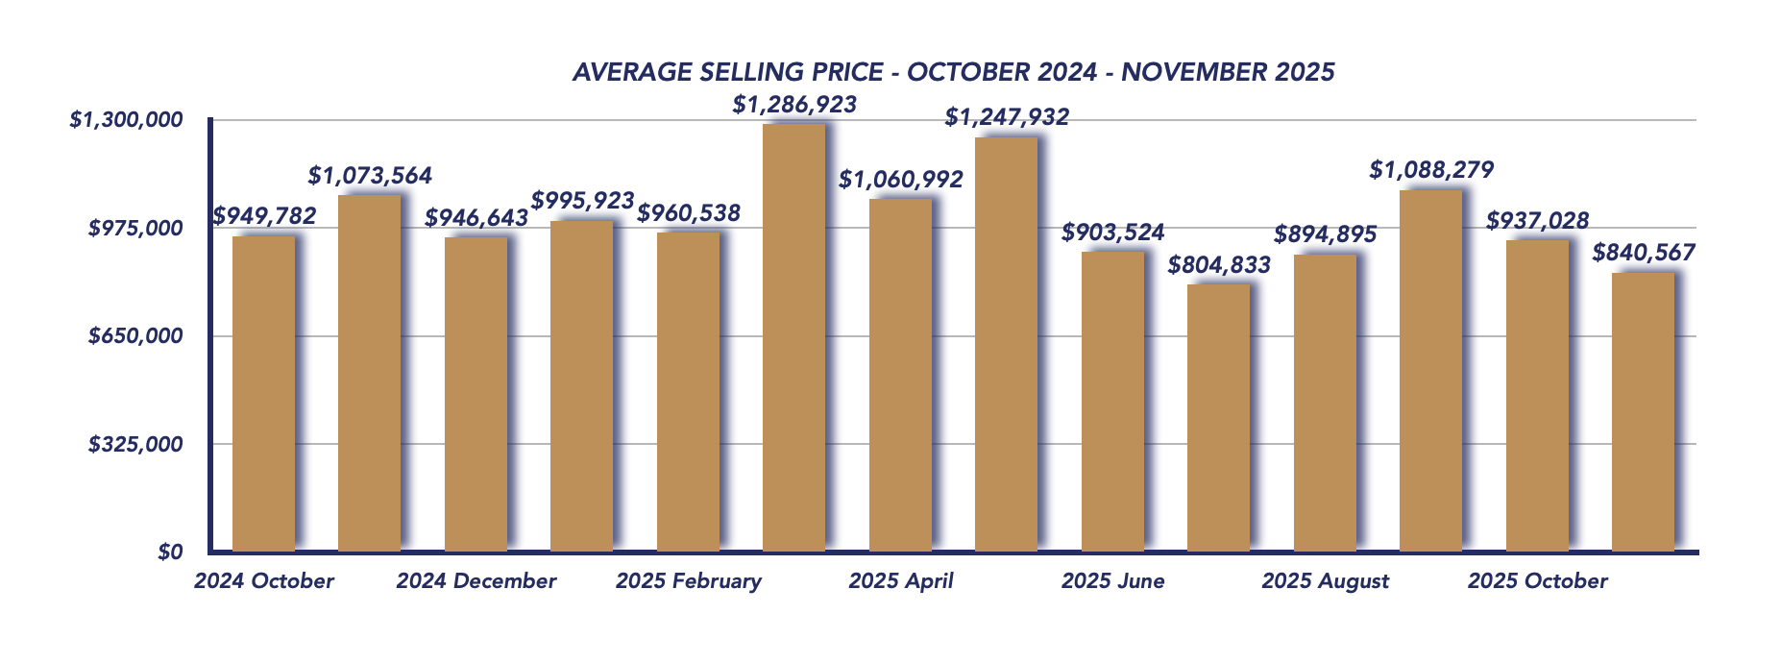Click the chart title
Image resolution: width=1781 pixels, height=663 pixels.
coord(953,72)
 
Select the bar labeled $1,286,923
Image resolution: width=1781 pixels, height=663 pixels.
coord(793,336)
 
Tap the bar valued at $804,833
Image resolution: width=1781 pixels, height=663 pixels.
coord(1218,417)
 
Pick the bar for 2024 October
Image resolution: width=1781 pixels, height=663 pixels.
coord(263,393)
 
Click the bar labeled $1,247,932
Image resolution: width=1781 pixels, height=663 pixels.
coord(1006,344)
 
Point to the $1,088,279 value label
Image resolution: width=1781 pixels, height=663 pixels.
coord(1431,170)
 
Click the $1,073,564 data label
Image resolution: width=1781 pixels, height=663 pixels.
coord(370,176)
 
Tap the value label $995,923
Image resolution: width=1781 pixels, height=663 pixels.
coord(582,201)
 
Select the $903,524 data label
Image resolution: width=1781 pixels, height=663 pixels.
coord(1112,233)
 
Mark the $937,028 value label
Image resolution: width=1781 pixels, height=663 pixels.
coord(1537,221)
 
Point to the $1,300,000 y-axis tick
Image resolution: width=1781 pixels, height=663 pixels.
coord(126,120)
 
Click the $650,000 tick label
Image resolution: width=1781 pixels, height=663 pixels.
coord(135,336)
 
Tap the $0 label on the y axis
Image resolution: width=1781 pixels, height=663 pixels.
coord(170,552)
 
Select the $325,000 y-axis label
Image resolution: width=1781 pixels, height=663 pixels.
coord(135,444)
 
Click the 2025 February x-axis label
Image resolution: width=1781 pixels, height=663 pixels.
coord(688,581)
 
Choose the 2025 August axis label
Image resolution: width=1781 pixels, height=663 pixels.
coord(1325,581)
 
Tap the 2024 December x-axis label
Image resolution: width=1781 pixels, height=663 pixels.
coord(476,581)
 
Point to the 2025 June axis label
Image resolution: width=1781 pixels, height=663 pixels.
coord(1112,581)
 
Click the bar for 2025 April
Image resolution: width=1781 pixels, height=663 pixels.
coord(900,375)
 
